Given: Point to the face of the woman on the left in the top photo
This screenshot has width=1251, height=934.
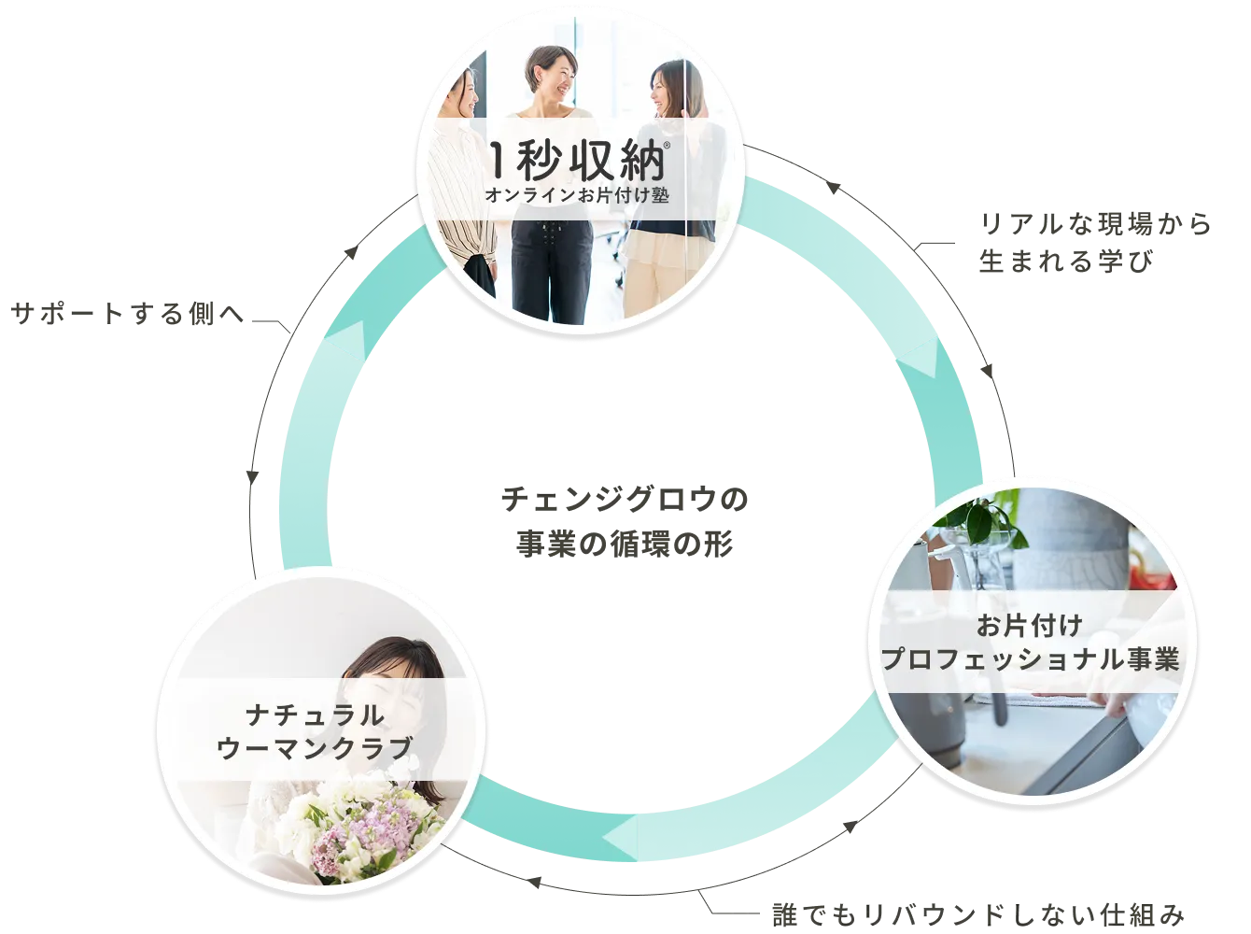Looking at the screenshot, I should pos(467,93).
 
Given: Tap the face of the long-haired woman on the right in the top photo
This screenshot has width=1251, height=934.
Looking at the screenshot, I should pos(670,89).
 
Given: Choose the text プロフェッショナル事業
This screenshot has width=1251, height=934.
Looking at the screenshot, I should pos(1031,659).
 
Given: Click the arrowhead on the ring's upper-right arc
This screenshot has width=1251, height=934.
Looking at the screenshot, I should pos(920,359).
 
